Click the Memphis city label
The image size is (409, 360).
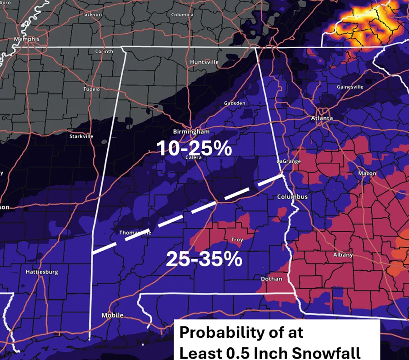coord(26,39)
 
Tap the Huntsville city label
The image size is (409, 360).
coord(204,62)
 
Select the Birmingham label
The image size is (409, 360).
coord(191,132)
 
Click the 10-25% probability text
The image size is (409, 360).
coord(195,149)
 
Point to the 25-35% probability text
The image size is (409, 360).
coord(203,259)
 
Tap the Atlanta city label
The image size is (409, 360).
coord(322,118)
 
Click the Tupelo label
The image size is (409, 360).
coord(91,89)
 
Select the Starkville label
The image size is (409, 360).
coord(81,136)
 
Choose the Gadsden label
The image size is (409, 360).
coord(234,103)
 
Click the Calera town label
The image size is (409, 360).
coord(194,158)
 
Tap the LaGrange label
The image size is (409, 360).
coord(289,161)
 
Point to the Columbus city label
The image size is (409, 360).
coord(293,197)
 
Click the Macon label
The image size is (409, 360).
coord(367,174)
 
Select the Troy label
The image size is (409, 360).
coord(237,240)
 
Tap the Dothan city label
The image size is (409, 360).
coord(271,279)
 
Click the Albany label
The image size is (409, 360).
coord(343,255)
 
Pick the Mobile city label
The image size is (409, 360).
coord(112,315)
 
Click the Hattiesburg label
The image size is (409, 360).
coord(41,272)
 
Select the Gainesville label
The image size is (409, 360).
coord(350,87)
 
